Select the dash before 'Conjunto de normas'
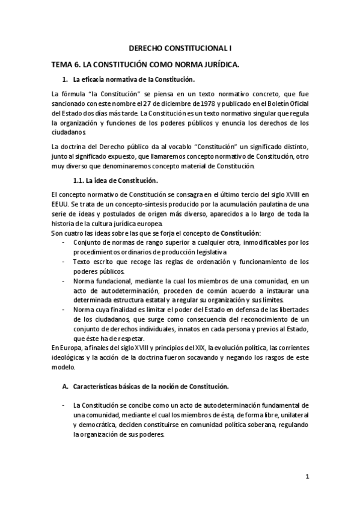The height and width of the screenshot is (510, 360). point(64,242)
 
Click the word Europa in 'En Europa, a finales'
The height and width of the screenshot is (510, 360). point(71,348)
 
